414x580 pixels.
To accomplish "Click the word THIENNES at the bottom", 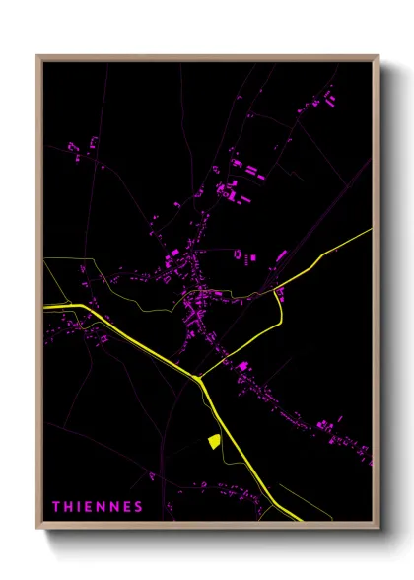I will (97, 507).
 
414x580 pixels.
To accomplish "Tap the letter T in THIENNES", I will (55, 507).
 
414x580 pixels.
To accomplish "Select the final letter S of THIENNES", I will (139, 507).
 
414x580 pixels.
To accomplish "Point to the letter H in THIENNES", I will (67, 507).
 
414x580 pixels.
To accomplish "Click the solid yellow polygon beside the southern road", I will (212, 441).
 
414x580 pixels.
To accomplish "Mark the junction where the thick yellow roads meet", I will (198, 377).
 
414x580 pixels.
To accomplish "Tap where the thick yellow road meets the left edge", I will (45, 308).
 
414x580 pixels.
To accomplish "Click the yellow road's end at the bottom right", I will (301, 519).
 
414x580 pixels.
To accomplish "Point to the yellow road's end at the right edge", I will (372, 230).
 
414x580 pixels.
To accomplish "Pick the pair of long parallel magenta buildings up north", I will (254, 174).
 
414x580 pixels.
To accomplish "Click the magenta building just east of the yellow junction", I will (241, 367).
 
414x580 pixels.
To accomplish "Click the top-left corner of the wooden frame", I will (37, 55).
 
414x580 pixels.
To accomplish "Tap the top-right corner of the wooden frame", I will (379, 55).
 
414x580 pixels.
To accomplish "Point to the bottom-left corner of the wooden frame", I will (37, 530).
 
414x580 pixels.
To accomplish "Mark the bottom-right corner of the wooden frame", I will (379, 530).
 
